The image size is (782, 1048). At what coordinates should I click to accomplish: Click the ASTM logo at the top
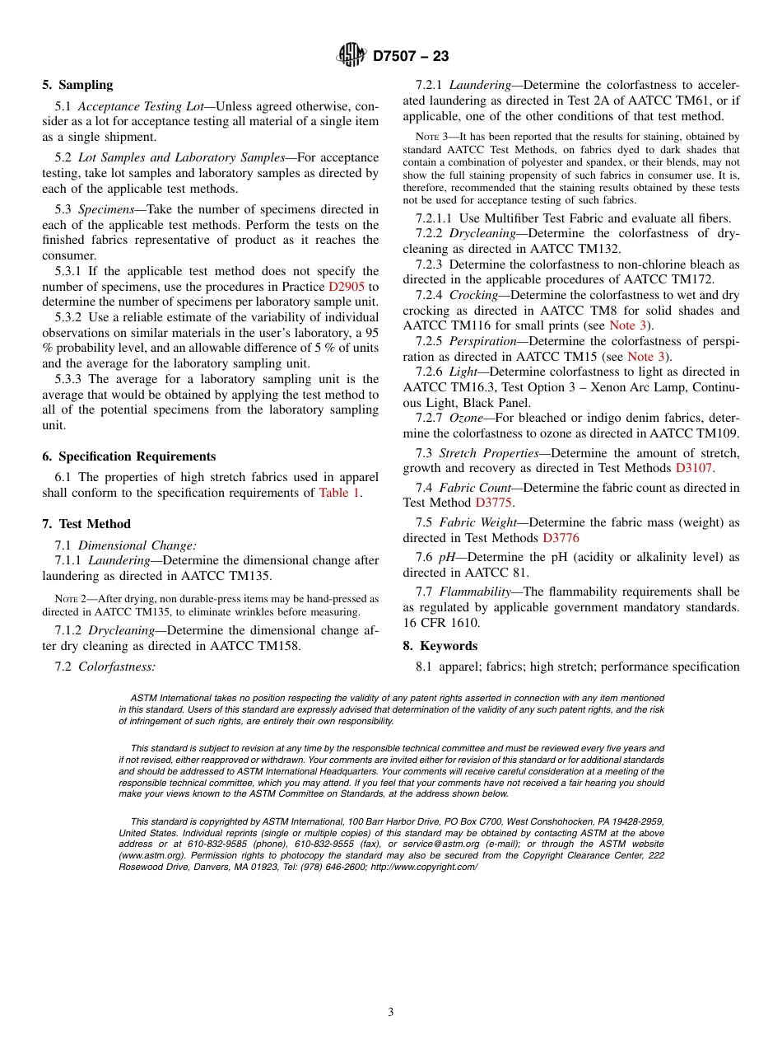351,55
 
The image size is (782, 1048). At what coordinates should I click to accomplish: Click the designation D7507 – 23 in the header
411,56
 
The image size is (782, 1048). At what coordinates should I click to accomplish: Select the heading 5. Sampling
77,85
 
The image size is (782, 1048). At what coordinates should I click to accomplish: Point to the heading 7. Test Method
86,524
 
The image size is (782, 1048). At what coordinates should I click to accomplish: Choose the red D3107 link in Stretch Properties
693,468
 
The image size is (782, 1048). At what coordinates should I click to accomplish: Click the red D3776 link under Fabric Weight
561,538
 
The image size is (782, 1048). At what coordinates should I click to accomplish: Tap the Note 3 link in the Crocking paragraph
627,325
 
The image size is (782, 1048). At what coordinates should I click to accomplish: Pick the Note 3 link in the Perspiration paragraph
645,357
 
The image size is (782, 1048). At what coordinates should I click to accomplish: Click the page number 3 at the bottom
391,1013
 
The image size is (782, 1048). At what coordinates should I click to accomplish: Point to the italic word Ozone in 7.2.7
466,419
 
